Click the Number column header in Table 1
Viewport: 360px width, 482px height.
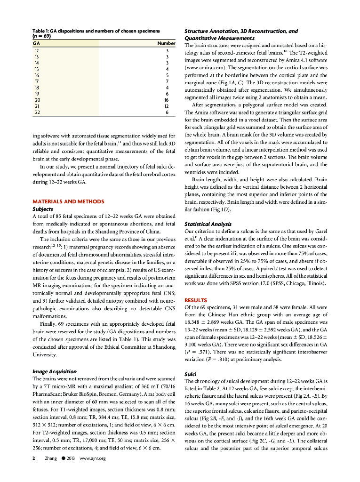tap(162, 43)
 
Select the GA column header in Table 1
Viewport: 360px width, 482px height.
tap(36, 43)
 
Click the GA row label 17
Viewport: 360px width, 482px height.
tap(37, 81)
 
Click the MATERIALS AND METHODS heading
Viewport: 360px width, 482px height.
tap(68, 201)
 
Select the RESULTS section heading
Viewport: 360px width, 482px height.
tap(196, 300)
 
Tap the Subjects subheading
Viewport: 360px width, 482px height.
tap(42, 209)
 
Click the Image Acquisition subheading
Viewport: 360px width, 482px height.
tap(54, 371)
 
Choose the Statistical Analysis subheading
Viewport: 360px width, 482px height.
tap(207, 224)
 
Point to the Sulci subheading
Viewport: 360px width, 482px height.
tap(191, 375)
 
